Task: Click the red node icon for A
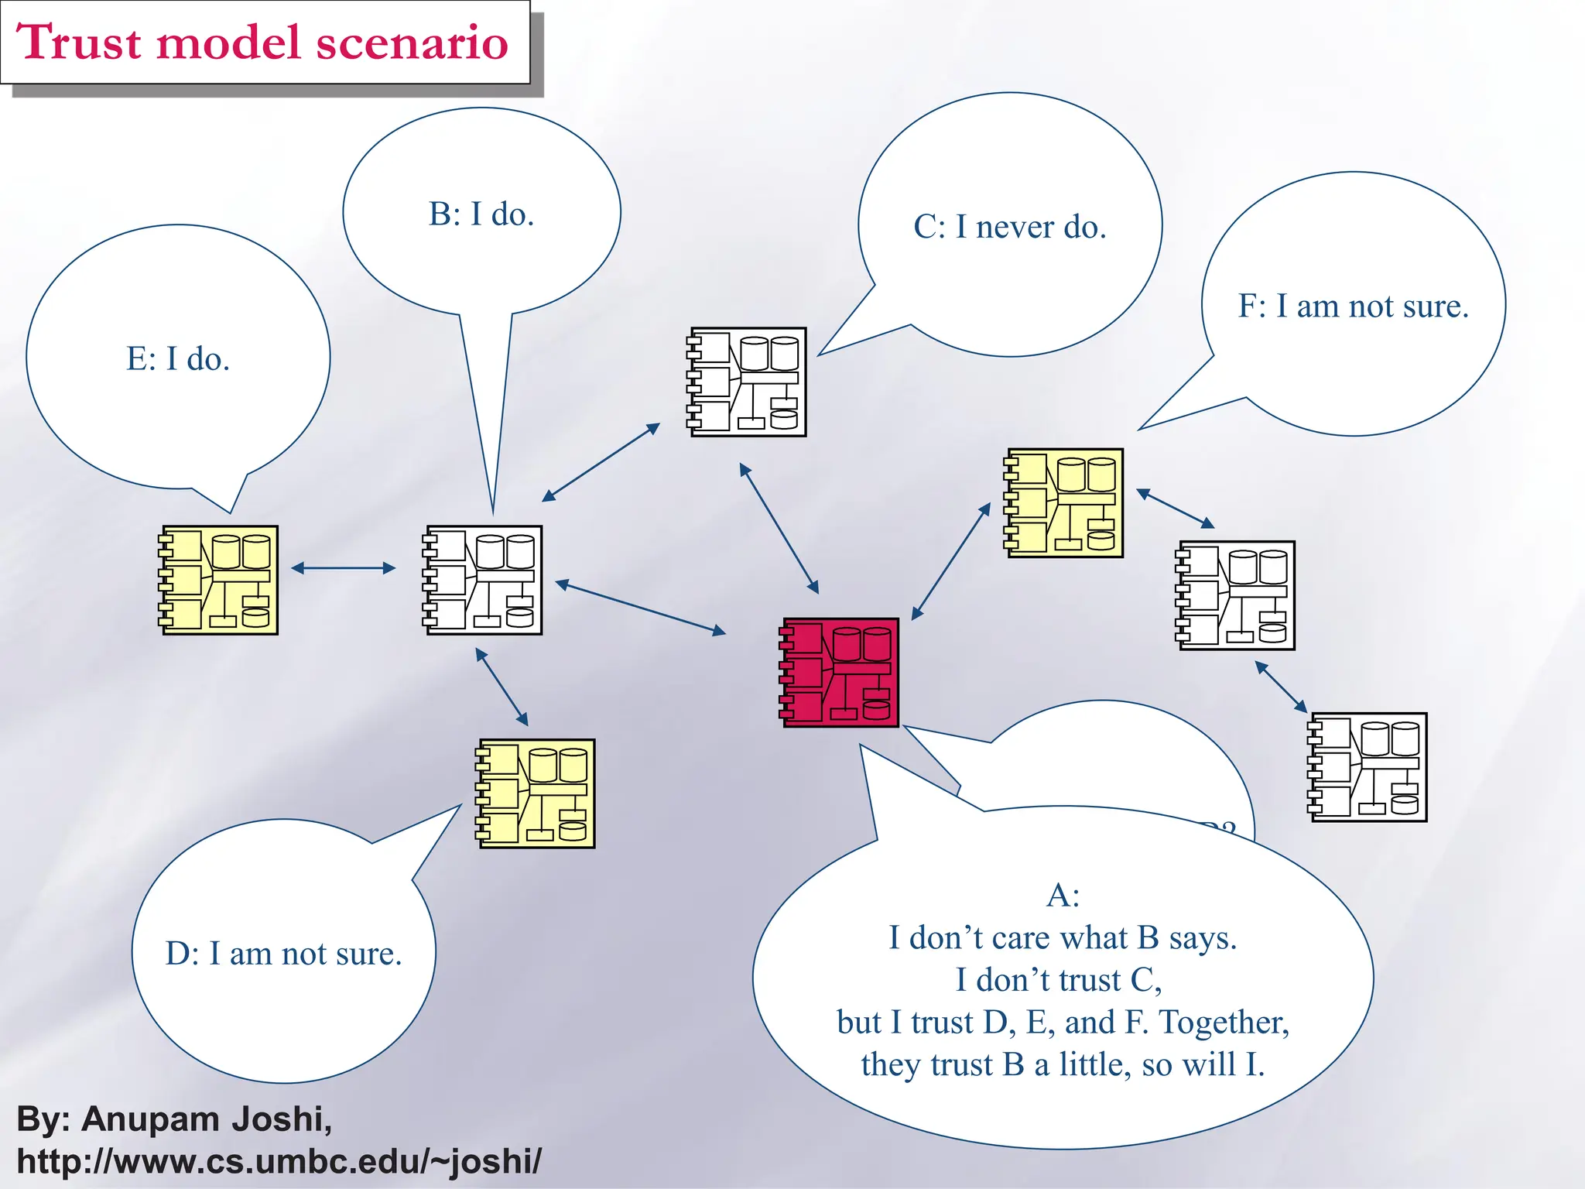click(840, 672)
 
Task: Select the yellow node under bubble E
click(219, 580)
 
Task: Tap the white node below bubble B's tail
click(483, 580)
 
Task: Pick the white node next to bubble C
click(748, 382)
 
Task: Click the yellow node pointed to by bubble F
click(1064, 502)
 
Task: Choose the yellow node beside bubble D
click(536, 793)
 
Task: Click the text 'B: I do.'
click(481, 214)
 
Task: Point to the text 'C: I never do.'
click(1010, 228)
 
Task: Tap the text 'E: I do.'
click(178, 359)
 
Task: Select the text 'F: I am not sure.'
click(1353, 307)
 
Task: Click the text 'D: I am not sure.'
click(283, 954)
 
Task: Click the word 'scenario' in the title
click(412, 42)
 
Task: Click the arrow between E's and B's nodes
click(343, 568)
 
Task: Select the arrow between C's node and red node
click(779, 528)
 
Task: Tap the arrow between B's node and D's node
click(502, 687)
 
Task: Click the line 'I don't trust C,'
click(1058, 980)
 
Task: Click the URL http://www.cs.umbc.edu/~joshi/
click(279, 1161)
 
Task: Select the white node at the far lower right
click(1368, 767)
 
